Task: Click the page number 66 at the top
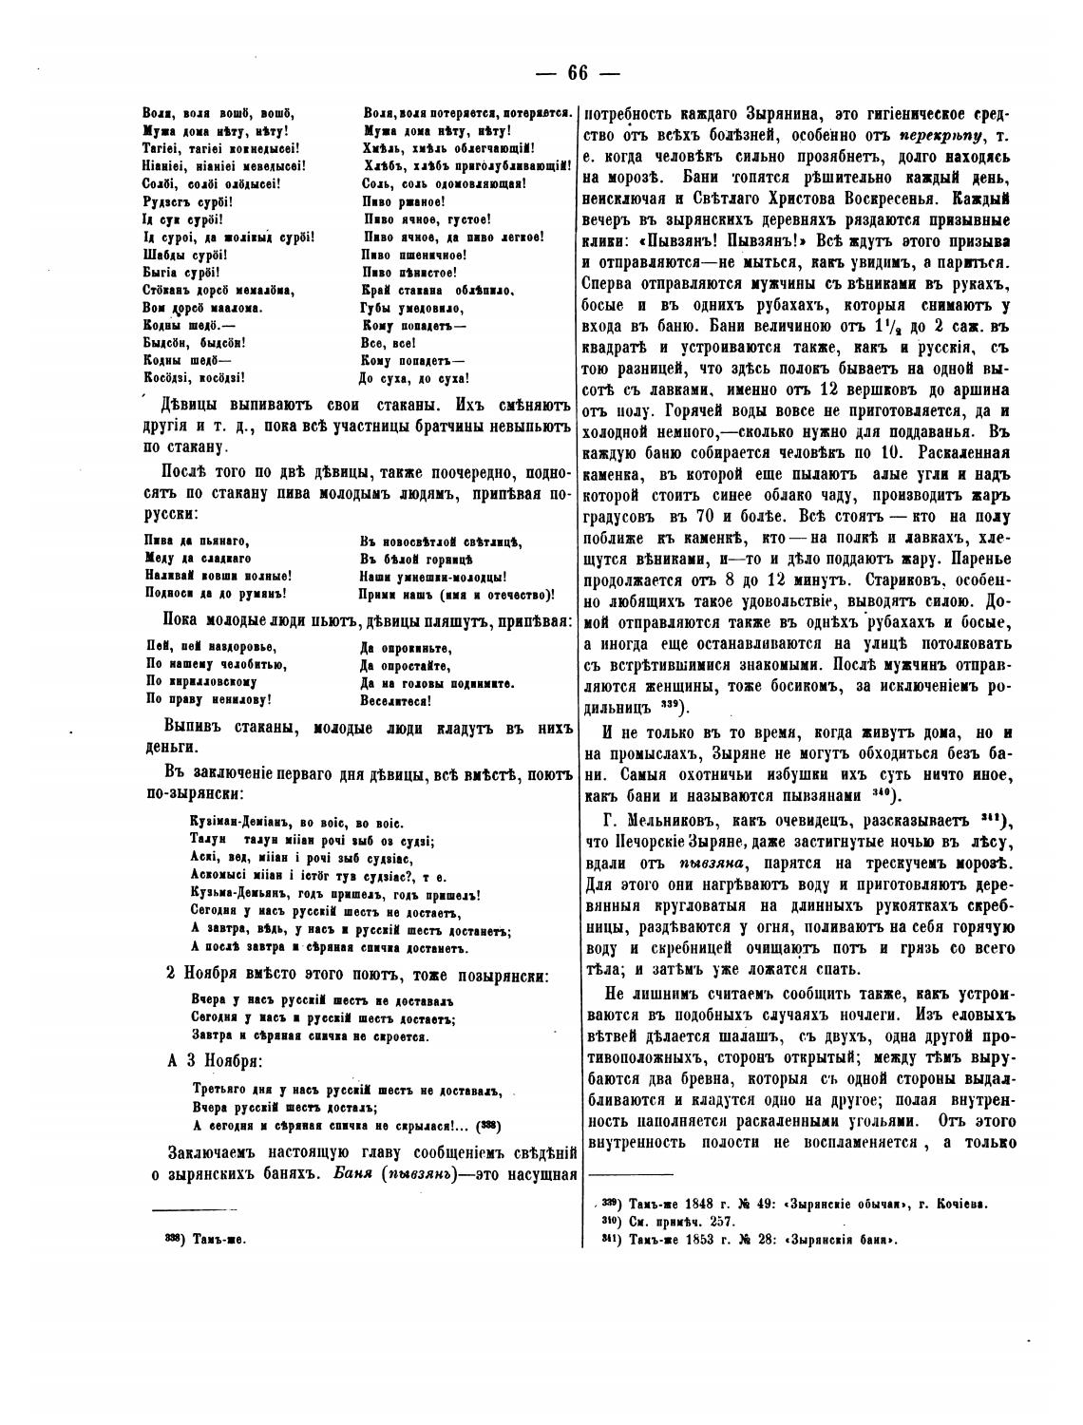578,73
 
